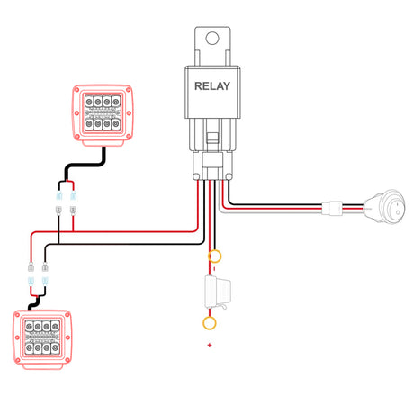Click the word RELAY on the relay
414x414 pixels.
point(212,86)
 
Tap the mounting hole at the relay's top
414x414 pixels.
point(212,38)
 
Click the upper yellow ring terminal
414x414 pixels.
point(214,256)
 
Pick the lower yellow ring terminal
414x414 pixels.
point(210,323)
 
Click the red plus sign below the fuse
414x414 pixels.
point(210,345)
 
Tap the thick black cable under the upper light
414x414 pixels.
point(85,165)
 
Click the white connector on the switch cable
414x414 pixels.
point(332,208)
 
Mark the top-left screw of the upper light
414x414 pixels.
point(76,90)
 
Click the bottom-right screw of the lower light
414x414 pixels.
point(67,360)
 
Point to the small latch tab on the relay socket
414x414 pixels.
point(212,138)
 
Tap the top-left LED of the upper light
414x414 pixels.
point(89,102)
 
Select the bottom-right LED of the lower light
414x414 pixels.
point(55,348)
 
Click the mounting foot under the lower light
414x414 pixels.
point(43,366)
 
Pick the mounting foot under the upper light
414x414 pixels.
point(103,143)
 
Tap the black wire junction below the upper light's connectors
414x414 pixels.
point(58,244)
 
